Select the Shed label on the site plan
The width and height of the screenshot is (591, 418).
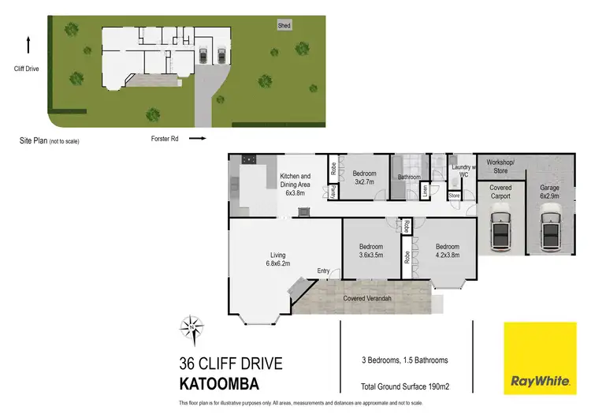[284, 26]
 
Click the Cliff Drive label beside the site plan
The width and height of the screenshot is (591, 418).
[27, 69]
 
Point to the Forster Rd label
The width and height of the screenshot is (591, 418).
[166, 138]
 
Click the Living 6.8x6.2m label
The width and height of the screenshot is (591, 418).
[278, 259]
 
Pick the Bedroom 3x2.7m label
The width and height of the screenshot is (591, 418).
[364, 177]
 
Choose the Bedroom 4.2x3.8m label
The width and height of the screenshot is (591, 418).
[447, 250]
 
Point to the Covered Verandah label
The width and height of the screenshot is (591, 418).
[369, 299]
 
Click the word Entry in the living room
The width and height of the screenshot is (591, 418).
[323, 271]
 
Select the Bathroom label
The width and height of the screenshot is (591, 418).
[409, 177]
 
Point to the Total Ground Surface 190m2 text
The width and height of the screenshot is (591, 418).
[404, 386]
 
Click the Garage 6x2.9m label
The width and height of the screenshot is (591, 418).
[550, 192]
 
